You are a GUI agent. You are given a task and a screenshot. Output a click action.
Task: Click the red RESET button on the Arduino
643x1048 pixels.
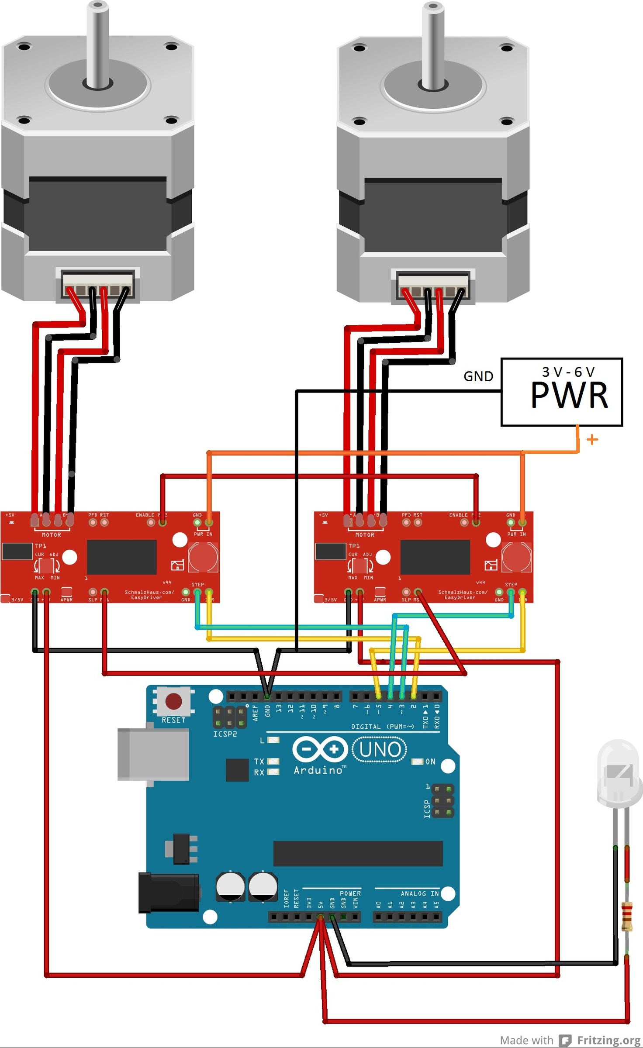pos(173,701)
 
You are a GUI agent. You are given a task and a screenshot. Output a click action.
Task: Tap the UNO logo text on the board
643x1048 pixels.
pos(380,749)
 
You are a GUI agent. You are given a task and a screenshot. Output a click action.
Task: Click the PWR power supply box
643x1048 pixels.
pos(561,392)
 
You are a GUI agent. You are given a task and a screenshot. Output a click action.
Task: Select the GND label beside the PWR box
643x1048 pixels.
pos(478,376)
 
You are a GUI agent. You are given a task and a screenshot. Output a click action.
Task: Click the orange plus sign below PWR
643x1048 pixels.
pos(592,439)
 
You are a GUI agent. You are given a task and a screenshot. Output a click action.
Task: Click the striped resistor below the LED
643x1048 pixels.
pos(627,916)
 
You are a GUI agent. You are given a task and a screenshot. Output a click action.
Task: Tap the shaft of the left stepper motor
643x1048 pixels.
pos(98,44)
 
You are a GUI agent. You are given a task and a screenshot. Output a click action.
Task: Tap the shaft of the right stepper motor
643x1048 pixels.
pos(433,44)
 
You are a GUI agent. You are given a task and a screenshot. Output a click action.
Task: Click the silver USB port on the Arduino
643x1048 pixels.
pos(153,755)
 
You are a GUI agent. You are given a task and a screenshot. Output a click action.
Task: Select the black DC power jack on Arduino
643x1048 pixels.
pos(168,893)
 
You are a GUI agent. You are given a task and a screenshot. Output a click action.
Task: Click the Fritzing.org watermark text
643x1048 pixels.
pos(608,1041)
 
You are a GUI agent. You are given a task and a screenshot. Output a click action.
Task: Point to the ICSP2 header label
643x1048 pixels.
pos(225,734)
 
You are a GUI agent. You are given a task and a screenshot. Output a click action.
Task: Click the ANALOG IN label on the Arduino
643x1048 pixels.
pos(419,893)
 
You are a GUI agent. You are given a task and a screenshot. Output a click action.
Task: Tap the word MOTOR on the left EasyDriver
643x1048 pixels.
pos(51,535)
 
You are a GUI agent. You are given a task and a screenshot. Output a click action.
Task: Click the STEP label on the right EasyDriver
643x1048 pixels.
pos(511,585)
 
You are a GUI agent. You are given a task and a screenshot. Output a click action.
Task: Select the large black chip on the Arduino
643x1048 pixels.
pos(358,853)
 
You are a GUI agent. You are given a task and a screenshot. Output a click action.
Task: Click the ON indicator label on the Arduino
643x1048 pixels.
pos(430,762)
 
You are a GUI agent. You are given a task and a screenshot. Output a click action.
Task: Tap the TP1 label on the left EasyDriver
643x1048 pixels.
pos(41,546)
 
